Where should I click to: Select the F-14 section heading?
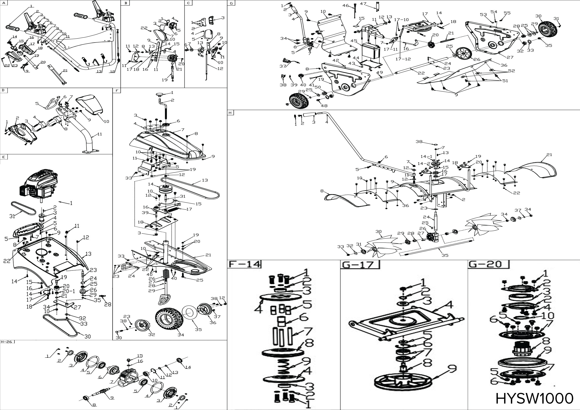click(x=244, y=264)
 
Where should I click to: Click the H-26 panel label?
click(x=7, y=342)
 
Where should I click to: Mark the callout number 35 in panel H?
click(x=445, y=255)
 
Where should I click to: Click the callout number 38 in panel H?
click(x=419, y=142)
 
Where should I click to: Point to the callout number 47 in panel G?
click(x=363, y=4)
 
